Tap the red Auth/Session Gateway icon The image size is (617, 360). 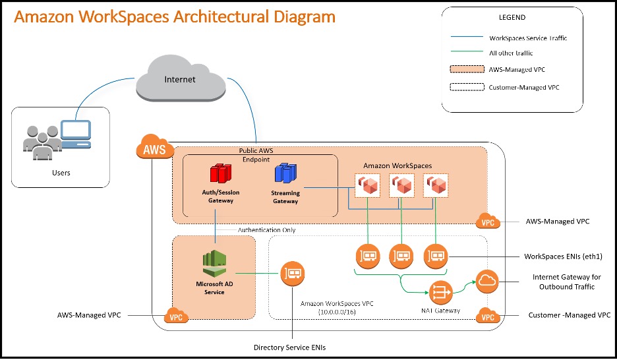(x=221, y=175)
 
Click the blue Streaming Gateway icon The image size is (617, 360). (x=285, y=175)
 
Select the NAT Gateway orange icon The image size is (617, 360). (x=440, y=291)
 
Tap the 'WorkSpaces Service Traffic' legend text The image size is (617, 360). (x=528, y=38)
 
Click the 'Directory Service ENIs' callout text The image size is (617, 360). (x=291, y=347)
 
